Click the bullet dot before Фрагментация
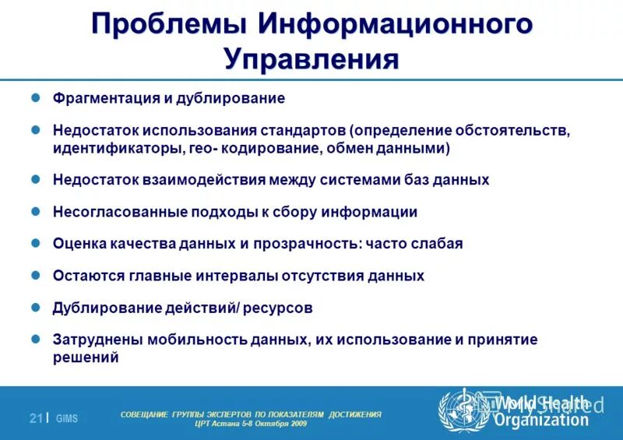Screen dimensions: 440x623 34,99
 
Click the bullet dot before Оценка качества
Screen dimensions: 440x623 34,243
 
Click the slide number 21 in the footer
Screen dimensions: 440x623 35,418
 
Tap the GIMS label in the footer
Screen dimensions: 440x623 67,419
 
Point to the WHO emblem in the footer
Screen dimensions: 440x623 463,410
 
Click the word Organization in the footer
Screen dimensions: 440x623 541,421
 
